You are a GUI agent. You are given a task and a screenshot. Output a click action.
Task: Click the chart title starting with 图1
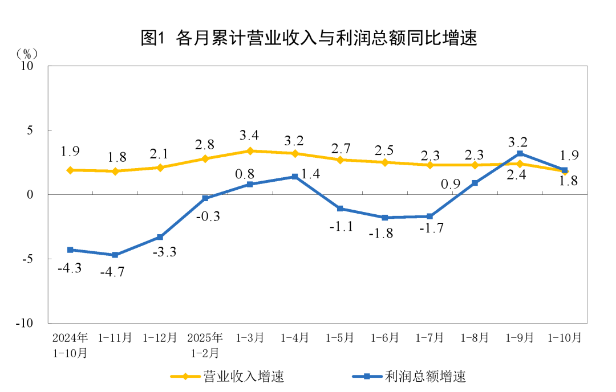coord(308,38)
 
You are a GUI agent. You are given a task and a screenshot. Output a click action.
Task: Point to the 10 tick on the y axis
coord(27,66)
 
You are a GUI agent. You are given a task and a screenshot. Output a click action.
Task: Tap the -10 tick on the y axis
coord(25,323)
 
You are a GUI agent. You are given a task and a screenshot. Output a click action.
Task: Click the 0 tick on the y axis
coord(31,195)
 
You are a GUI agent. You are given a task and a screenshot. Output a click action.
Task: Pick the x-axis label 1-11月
coord(115,338)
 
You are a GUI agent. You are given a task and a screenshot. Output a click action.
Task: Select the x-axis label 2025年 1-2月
coord(205,345)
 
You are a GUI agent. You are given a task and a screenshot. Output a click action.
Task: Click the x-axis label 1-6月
coord(385,338)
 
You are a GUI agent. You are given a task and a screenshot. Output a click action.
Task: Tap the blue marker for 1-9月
coord(520,153)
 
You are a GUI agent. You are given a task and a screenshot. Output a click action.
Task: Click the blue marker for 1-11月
coord(115,255)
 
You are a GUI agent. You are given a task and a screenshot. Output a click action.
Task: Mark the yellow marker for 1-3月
coord(250,151)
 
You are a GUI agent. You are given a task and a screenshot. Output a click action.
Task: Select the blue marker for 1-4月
coord(295,177)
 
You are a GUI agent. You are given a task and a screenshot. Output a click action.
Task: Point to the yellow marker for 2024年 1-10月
coord(70,170)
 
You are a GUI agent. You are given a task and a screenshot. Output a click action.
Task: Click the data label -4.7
coord(112,271)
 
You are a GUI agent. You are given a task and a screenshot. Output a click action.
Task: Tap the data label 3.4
coord(250,136)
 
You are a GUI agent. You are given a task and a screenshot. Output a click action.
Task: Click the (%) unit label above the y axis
coord(26,54)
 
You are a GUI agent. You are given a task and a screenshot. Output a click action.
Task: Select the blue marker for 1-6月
coord(385,218)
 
